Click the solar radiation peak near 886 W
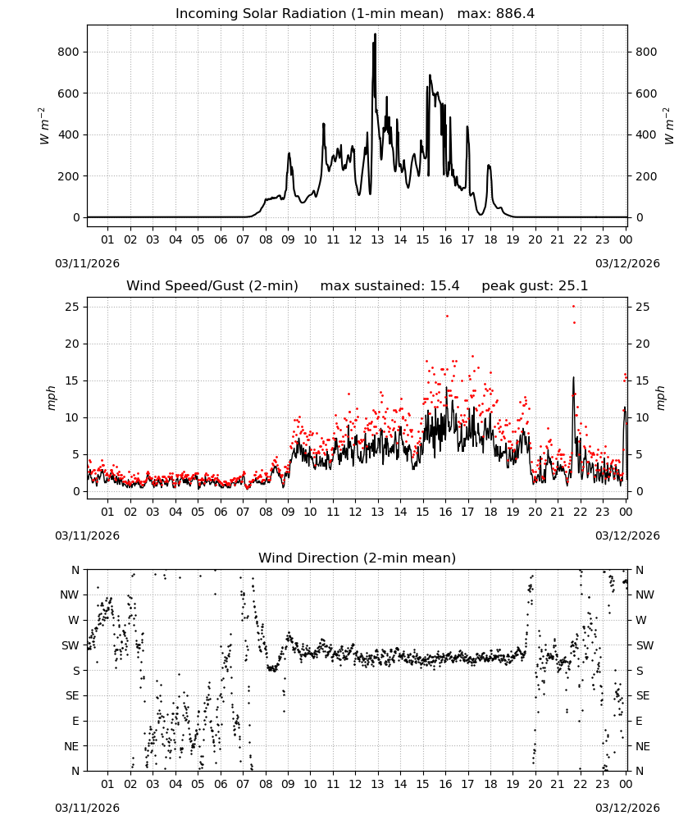(375, 34)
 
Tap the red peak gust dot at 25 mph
(574, 307)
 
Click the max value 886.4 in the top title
(515, 14)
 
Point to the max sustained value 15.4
(444, 286)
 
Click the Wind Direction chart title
(358, 558)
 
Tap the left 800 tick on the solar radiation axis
(69, 52)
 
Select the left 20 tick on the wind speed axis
(73, 344)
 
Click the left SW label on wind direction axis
(71, 645)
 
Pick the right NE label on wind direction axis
(643, 746)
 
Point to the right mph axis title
(660, 398)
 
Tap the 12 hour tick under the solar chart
(355, 239)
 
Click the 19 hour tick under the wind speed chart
(513, 512)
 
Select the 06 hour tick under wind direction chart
(221, 784)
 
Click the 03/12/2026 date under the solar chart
(627, 263)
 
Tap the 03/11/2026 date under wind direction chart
(87, 808)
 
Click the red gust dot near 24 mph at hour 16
(447, 316)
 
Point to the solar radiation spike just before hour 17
(467, 128)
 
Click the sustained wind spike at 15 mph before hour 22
(574, 377)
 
